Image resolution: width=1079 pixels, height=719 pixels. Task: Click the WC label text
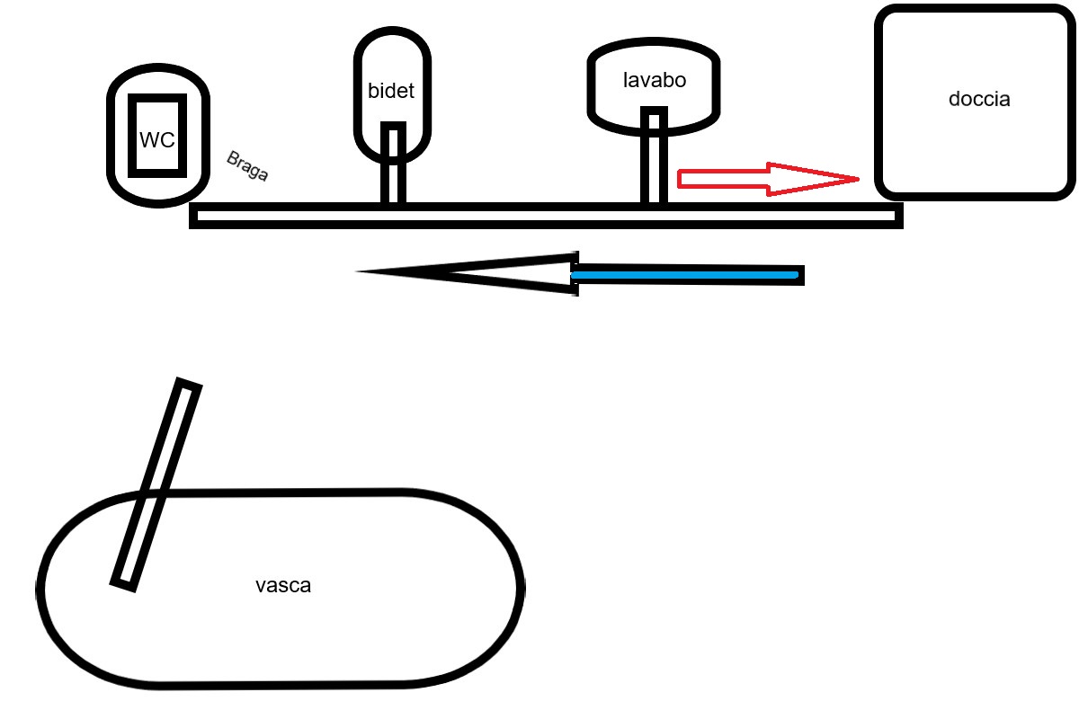click(156, 141)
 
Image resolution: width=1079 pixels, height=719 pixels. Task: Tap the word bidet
click(391, 91)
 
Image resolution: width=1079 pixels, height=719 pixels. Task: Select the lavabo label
click(655, 79)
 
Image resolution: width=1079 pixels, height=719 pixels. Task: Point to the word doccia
click(979, 99)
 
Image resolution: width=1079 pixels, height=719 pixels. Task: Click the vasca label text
click(283, 586)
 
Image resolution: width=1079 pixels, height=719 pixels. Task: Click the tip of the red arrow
click(857, 180)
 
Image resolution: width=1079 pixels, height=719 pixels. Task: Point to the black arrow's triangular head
click(468, 271)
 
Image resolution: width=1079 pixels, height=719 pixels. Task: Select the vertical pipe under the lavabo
click(654, 158)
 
